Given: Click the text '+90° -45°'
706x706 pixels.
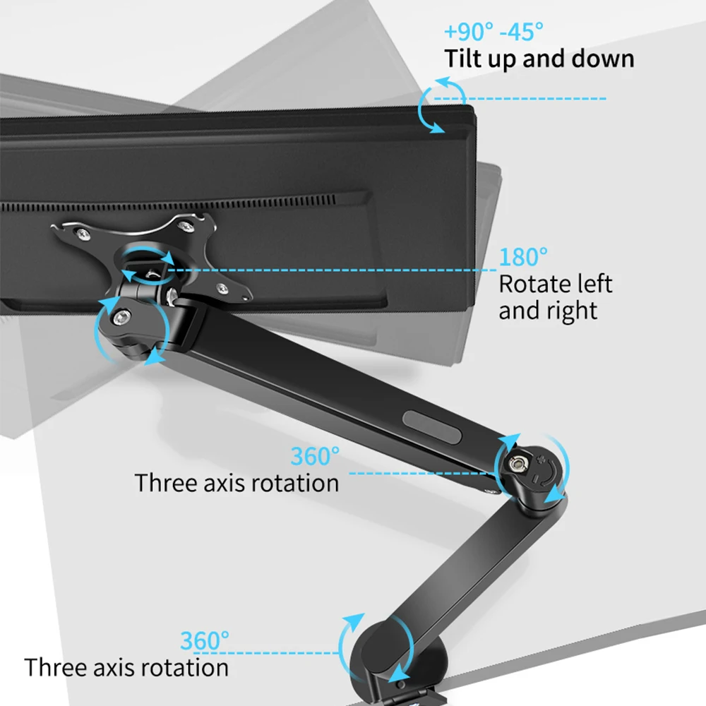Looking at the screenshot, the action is [494, 32].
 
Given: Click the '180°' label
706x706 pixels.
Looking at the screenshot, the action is [523, 257].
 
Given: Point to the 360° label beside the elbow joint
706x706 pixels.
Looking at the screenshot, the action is [315, 456].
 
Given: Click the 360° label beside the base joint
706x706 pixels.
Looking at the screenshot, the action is [205, 641].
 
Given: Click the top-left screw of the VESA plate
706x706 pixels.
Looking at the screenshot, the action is [83, 233].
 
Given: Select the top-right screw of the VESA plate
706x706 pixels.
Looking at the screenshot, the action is [185, 226].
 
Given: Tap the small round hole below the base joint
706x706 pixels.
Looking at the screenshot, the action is [401, 684].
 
